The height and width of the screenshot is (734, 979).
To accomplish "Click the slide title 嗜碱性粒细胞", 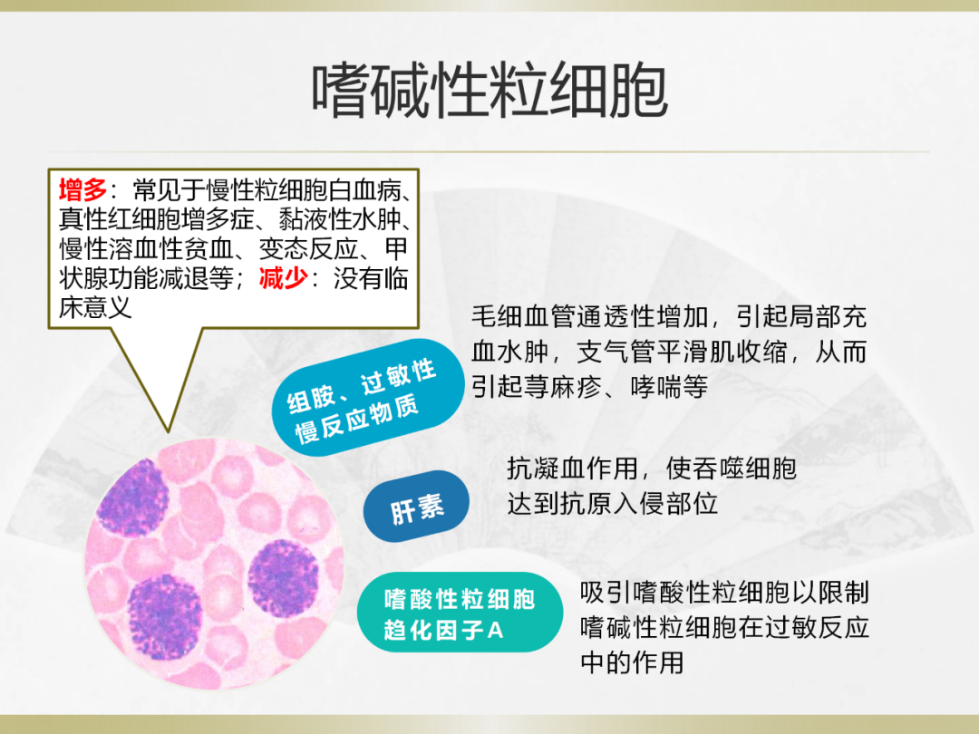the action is (x=490, y=92).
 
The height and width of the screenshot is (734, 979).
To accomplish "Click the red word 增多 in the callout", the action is (x=83, y=189).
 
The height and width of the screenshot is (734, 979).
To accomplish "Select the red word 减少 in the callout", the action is (x=284, y=278).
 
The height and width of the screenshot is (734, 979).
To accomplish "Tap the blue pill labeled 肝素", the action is (x=416, y=507).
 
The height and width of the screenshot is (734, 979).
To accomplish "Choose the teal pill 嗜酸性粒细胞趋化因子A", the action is (x=460, y=613).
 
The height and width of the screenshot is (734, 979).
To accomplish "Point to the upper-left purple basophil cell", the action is (x=133, y=497).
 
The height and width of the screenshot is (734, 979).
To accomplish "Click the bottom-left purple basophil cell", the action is (x=164, y=617).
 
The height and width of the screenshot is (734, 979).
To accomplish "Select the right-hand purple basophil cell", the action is (x=284, y=578).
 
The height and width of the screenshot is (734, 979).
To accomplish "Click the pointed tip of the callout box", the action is (x=169, y=431).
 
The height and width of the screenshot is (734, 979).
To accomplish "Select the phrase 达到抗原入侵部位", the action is (x=612, y=504).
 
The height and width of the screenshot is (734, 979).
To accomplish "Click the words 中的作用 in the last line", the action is (x=632, y=662).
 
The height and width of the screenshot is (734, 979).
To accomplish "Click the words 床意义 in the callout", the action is (x=95, y=307).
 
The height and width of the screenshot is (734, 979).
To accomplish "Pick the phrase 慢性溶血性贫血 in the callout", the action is (x=146, y=248).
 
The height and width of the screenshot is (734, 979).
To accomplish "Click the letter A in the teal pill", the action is (x=495, y=631).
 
